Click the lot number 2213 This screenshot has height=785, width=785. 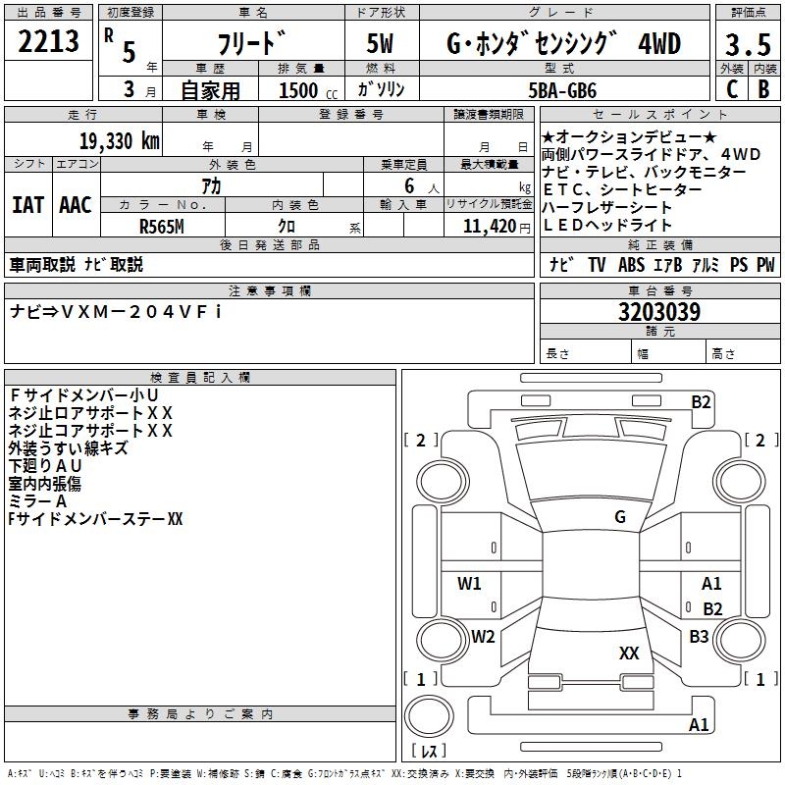[x=49, y=43]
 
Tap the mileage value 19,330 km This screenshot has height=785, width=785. [x=119, y=140]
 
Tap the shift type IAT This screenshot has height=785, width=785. [x=27, y=205]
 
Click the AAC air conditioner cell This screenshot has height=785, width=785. [x=76, y=205]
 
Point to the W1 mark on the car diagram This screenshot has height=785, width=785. [x=470, y=584]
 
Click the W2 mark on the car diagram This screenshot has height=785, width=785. [x=483, y=636]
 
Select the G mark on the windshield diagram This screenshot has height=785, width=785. [x=620, y=517]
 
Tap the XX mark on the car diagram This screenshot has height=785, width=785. [x=629, y=653]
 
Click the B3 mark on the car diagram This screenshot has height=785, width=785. [x=699, y=637]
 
